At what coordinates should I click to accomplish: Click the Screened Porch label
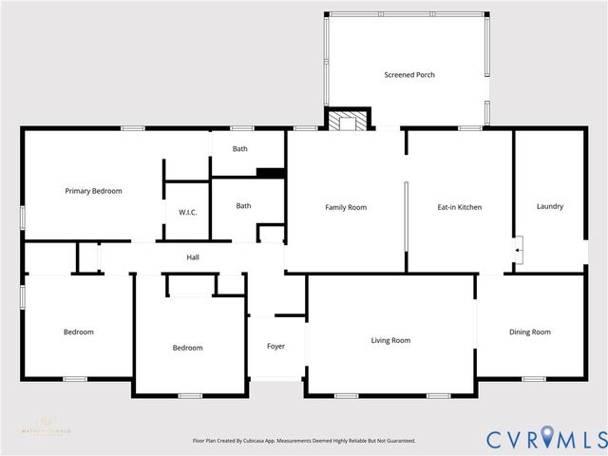point(409,75)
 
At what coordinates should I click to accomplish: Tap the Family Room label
point(346,207)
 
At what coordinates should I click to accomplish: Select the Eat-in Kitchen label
point(461,207)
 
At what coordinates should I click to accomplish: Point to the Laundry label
point(550,206)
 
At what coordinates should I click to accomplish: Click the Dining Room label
point(530,332)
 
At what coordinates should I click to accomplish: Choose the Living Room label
point(390,340)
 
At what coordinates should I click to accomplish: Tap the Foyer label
point(275,346)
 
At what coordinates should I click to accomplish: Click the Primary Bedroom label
point(93,191)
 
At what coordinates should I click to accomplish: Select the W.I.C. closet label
point(187,212)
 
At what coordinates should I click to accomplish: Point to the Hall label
point(193,257)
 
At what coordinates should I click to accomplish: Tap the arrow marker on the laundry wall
point(518,250)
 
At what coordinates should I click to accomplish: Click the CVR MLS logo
point(545,439)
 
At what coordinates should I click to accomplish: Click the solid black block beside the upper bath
point(271,173)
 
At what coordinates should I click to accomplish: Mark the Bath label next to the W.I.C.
point(244,205)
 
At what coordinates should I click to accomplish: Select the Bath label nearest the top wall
point(240,148)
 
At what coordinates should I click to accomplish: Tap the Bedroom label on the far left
point(79,332)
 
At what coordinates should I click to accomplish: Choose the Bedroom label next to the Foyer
point(187,348)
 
